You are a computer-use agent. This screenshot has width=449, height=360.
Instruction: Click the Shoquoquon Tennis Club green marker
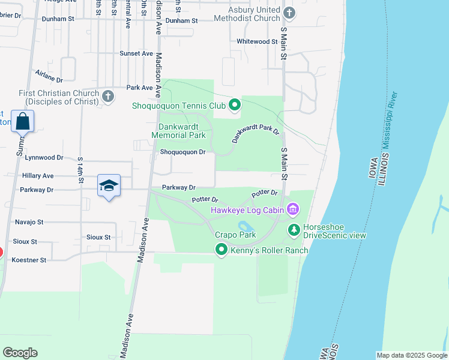tap(235, 106)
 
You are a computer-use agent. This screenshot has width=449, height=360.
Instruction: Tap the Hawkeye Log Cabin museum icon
tap(292, 209)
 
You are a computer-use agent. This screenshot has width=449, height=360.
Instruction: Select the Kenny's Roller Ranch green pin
tap(221, 250)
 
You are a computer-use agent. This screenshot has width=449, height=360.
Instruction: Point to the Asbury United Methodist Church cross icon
tap(289, 13)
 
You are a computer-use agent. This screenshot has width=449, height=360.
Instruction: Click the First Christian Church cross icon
tap(108, 96)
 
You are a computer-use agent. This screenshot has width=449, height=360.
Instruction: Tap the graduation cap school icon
tap(109, 186)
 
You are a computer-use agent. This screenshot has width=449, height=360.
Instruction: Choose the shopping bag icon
tap(23, 121)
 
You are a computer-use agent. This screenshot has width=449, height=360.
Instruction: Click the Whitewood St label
tap(257, 41)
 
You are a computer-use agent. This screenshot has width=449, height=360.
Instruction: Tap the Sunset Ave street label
tap(136, 53)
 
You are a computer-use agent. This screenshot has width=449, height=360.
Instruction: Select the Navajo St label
tap(29, 221)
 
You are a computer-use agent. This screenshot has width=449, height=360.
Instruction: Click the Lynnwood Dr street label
tap(44, 157)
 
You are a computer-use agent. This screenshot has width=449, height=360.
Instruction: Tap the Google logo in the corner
tap(20, 353)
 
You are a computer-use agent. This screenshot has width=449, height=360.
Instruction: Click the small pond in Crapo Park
tap(245, 226)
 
